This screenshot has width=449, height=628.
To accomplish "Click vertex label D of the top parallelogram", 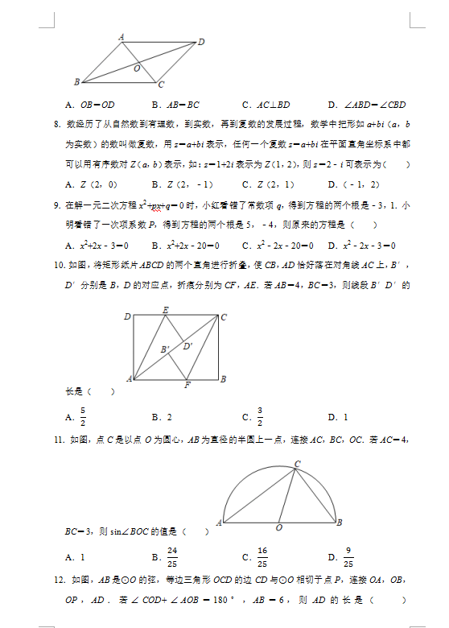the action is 201,42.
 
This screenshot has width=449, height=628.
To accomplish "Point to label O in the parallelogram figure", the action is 137,69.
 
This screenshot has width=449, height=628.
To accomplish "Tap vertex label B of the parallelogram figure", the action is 76,82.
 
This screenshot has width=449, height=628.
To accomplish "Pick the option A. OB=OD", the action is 91,105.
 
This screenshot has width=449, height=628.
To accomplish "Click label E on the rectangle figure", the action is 165,310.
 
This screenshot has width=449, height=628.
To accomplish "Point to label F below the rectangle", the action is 187,386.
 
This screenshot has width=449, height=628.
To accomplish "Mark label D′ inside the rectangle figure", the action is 187,346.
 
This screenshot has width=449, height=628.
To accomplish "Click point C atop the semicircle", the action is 297,463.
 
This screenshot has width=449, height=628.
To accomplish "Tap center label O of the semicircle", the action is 278,528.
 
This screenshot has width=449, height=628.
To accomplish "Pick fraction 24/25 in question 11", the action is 171,557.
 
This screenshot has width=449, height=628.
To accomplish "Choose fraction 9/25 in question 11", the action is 348,557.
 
